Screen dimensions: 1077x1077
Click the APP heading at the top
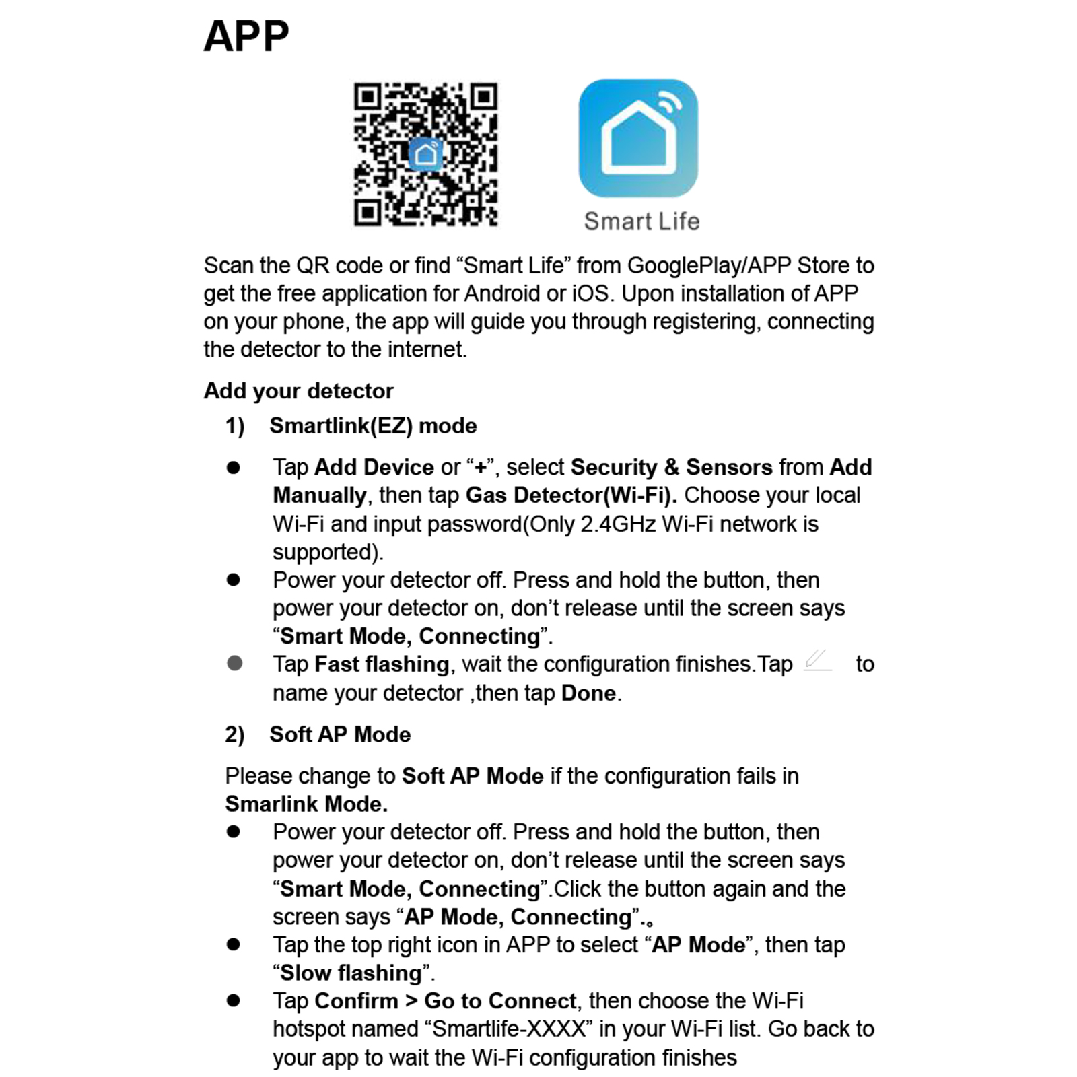246,36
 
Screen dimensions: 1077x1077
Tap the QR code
425,154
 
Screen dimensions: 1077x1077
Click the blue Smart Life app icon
638,138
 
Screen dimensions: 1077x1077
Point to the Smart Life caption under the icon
641,221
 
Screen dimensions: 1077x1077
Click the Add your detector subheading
298,391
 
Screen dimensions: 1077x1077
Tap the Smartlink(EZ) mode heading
373,426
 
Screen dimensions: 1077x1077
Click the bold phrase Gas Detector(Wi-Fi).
571,495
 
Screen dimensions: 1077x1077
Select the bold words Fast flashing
382,664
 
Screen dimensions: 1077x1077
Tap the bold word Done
589,693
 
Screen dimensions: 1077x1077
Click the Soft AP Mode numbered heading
340,734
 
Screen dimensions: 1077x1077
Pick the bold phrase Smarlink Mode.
306,804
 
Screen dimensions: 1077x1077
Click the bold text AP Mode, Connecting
518,917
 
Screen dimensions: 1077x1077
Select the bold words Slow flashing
351,973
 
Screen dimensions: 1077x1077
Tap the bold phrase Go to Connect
500,1001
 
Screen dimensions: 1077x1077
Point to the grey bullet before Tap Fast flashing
234,664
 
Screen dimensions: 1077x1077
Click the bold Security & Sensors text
671,467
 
